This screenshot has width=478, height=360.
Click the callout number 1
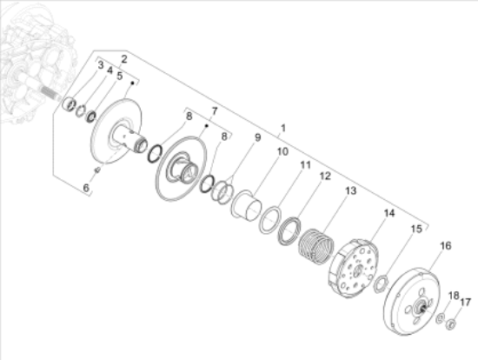tap(283, 128)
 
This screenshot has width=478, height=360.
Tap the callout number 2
tap(124, 58)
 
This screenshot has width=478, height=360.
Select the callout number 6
tap(86, 186)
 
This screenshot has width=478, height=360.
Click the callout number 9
tap(257, 137)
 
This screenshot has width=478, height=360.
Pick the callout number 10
tap(282, 151)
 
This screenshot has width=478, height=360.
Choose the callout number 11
tap(305, 163)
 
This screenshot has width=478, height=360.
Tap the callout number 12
tap(323, 177)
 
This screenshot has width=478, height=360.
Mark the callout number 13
tap(351, 190)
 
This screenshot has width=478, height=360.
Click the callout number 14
tap(388, 213)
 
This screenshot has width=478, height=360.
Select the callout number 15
tap(416, 228)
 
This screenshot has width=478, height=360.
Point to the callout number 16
tap(446, 246)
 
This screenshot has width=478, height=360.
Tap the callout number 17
tap(465, 302)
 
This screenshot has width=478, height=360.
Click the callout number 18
tap(452, 296)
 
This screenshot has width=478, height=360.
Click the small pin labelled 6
tap(98, 170)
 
